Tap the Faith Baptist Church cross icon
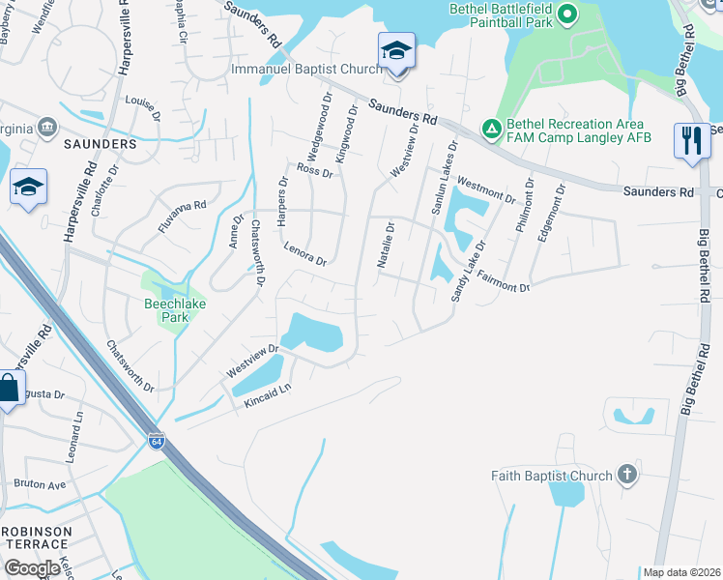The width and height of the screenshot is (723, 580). [x=626, y=475]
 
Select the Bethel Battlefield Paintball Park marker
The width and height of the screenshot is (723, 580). [x=567, y=14]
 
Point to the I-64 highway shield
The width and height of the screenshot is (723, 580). [x=157, y=441]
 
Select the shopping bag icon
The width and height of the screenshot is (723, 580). [x=8, y=389]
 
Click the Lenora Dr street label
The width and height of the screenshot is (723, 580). [x=305, y=254]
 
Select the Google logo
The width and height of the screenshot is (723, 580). [x=32, y=567]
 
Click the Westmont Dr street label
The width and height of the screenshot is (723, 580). [x=485, y=190]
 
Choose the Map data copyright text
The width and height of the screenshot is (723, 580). [x=681, y=572]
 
